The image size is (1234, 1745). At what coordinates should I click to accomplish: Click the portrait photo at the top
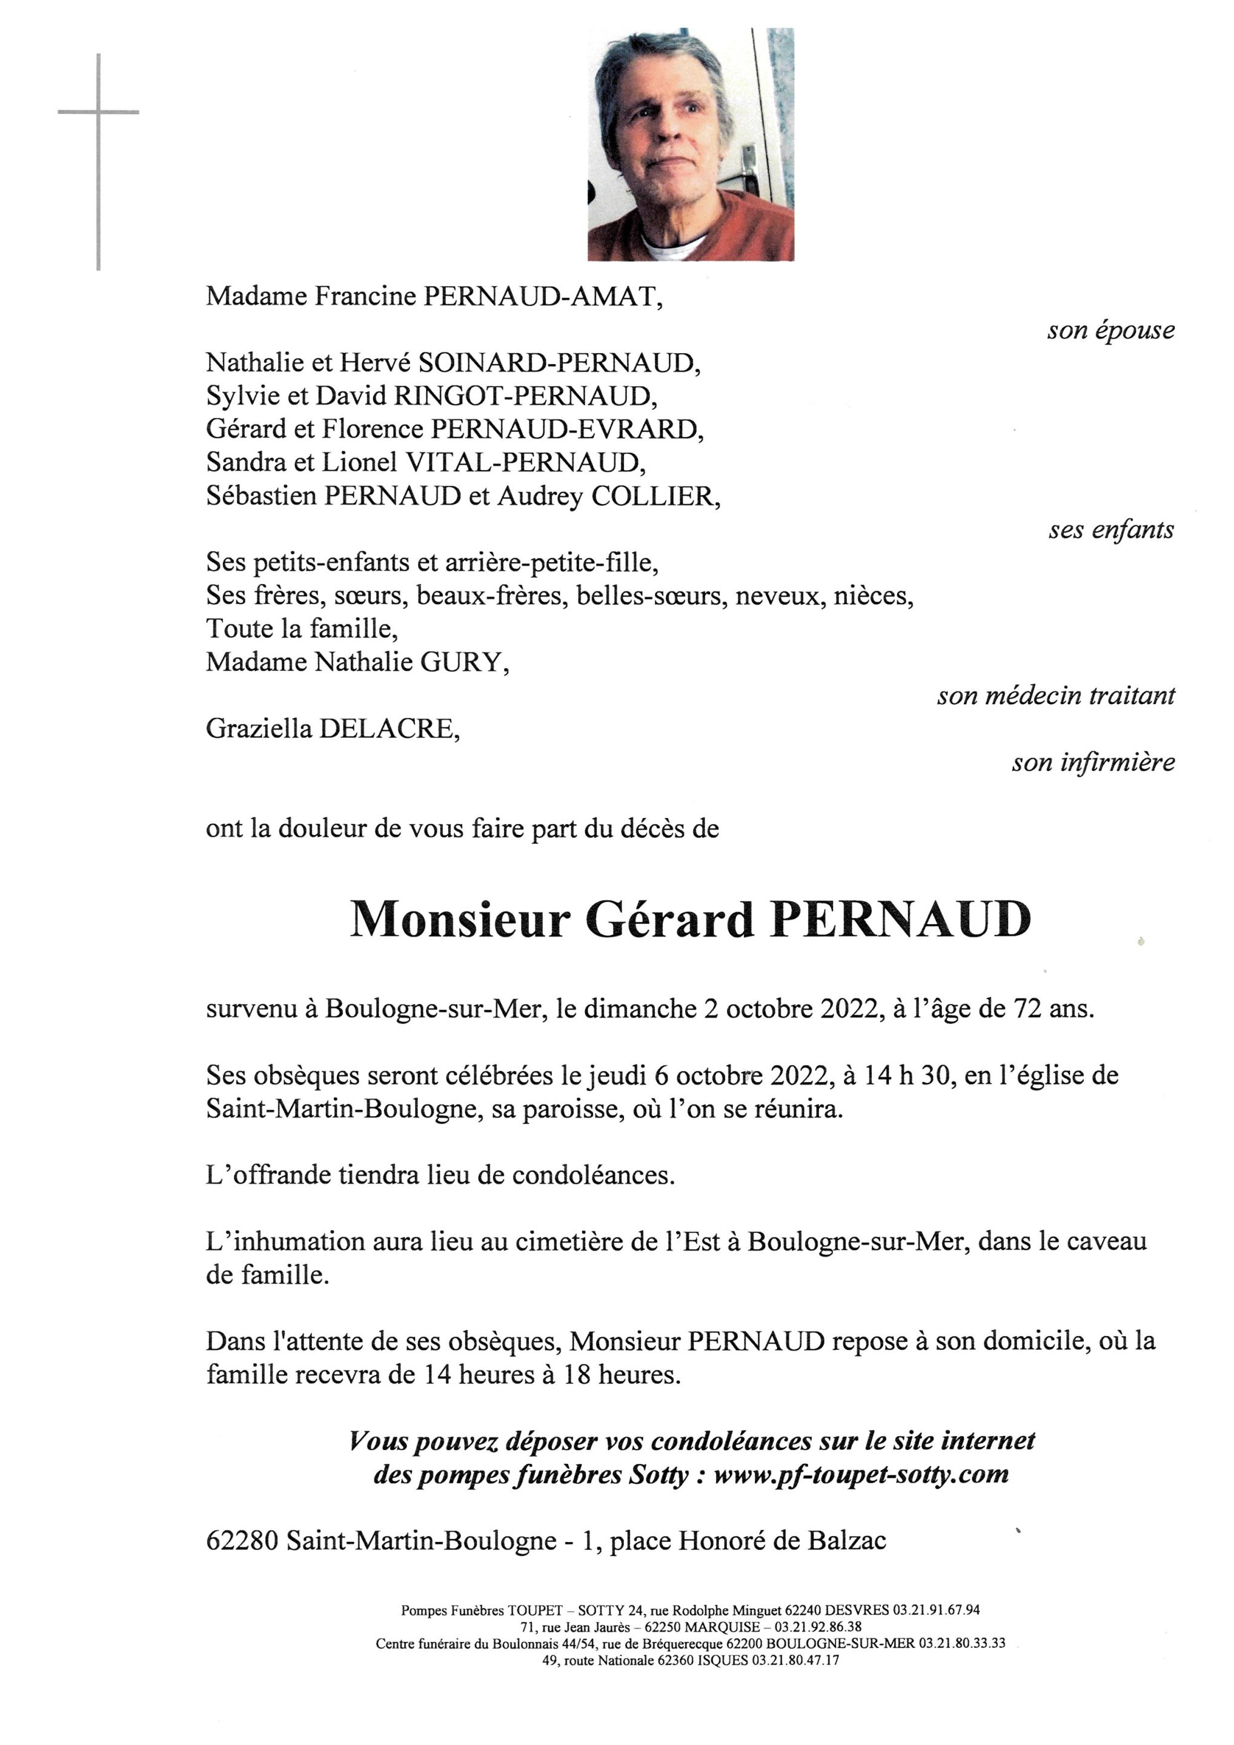690,144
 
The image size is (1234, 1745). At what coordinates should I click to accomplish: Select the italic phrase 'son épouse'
1110,331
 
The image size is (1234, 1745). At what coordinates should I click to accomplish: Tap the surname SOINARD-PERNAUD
559,364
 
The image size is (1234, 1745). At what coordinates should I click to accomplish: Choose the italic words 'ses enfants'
1111,530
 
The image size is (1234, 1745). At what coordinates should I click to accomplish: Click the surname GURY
463,663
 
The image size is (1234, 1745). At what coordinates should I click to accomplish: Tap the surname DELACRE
389,730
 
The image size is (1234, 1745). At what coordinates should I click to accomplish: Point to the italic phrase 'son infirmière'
1093,762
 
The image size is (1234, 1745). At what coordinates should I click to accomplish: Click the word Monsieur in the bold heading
460,920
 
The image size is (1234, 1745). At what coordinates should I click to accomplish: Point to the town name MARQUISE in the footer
723,1627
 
